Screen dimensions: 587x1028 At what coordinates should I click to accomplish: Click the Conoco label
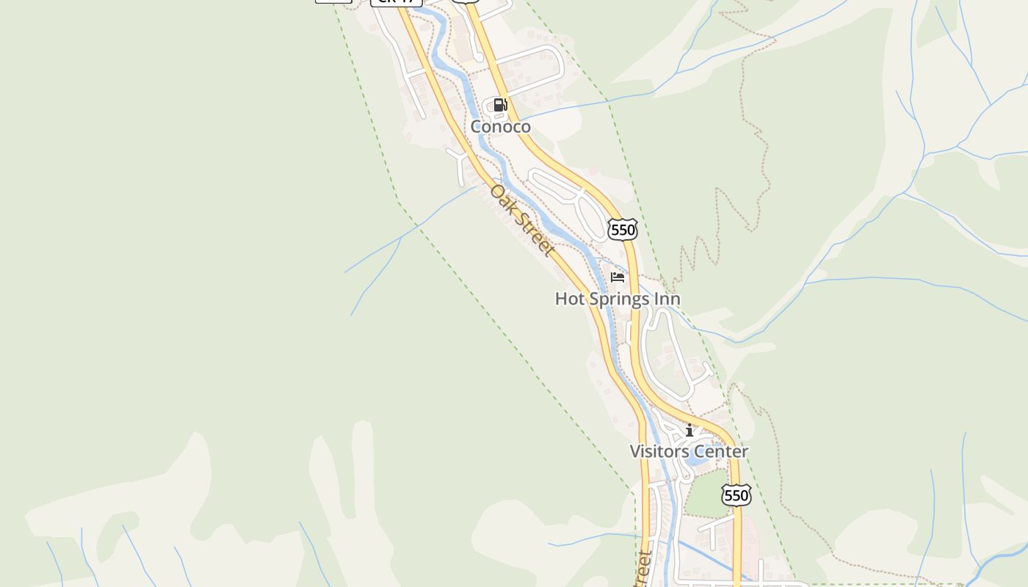point(500,126)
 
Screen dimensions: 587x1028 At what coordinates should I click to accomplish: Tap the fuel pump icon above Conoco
point(500,105)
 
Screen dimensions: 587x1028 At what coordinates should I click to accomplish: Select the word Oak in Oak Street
point(504,200)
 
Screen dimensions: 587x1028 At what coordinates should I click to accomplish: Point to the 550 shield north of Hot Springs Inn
point(623,230)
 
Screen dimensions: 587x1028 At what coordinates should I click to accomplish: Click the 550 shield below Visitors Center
point(736,495)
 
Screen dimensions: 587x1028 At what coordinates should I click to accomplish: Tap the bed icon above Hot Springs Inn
point(618,277)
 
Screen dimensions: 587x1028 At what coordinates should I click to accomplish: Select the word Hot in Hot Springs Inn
point(568,299)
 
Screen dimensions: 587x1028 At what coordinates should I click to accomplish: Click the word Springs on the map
point(621,299)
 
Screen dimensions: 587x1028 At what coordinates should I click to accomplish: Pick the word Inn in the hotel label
point(668,299)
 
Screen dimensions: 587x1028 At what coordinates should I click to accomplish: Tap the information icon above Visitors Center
point(689,430)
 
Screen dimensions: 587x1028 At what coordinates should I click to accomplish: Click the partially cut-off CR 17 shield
point(397,2)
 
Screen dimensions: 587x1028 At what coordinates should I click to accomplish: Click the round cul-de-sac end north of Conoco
point(478,56)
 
